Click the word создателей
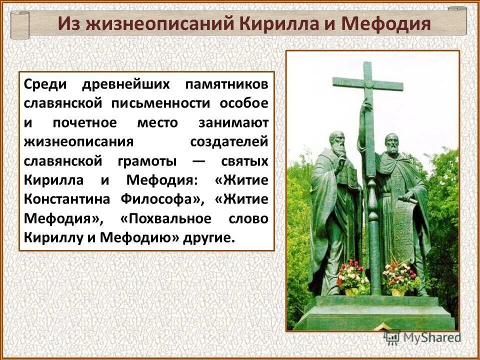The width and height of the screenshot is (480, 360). coord(229,141)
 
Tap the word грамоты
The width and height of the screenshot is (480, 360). coord(148,161)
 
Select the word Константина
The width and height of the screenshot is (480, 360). coord(67,199)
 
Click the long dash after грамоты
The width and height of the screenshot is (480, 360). coord(198,161)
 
